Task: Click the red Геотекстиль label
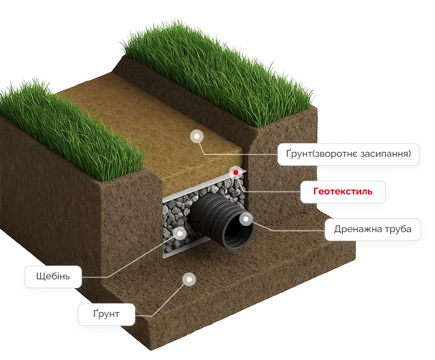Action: click(343, 191)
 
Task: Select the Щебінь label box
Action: click(53, 277)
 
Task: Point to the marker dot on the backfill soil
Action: click(197, 136)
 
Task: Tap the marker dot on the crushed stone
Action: click(181, 233)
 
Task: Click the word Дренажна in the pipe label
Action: click(354, 229)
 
